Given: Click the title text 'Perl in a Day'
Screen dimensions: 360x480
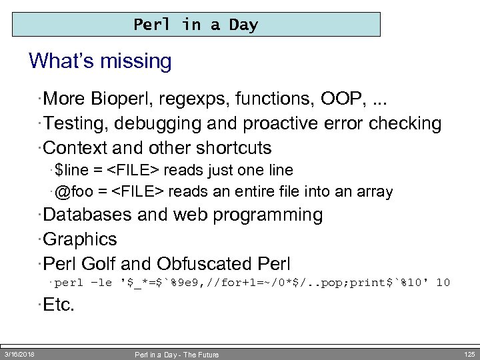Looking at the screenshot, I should (195, 25).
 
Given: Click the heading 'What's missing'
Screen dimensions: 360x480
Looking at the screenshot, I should (100, 61).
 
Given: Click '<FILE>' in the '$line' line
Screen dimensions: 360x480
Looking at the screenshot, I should (136, 171).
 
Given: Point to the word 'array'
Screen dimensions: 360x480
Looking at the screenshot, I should (375, 192).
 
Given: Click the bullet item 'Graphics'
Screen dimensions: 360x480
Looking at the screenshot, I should (80, 239).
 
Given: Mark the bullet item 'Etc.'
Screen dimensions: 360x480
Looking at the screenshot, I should (59, 306).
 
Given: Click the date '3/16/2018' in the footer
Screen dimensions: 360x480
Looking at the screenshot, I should (19, 354).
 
